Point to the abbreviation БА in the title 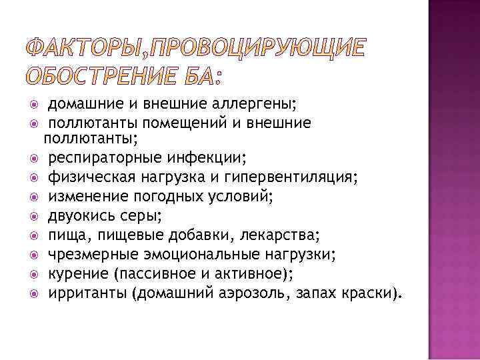tap(199, 77)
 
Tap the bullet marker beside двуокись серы tap(33, 217)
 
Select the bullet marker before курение tap(33, 275)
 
